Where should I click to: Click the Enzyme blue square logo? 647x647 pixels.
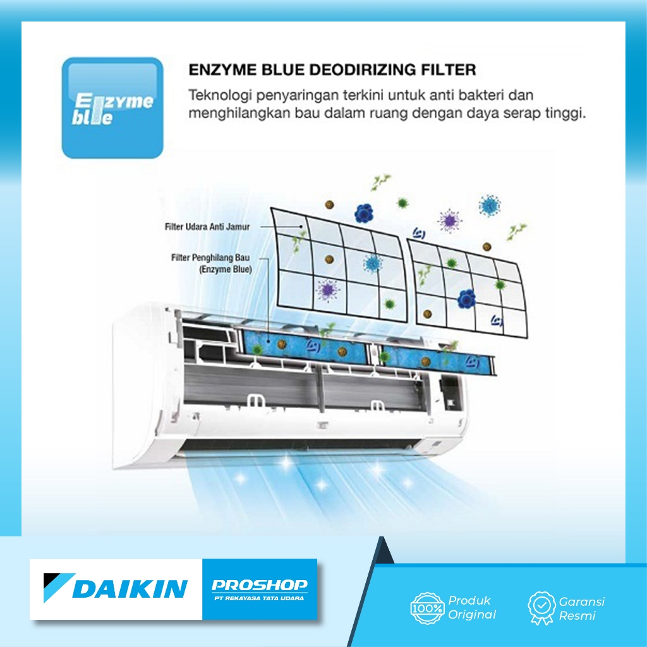pyautogui.click(x=112, y=108)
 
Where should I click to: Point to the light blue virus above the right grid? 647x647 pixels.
pyautogui.click(x=489, y=204)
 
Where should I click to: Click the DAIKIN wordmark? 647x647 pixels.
pyautogui.click(x=130, y=588)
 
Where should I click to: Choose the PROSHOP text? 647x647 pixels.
pyautogui.click(x=259, y=584)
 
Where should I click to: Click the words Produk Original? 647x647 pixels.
pyautogui.click(x=472, y=607)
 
